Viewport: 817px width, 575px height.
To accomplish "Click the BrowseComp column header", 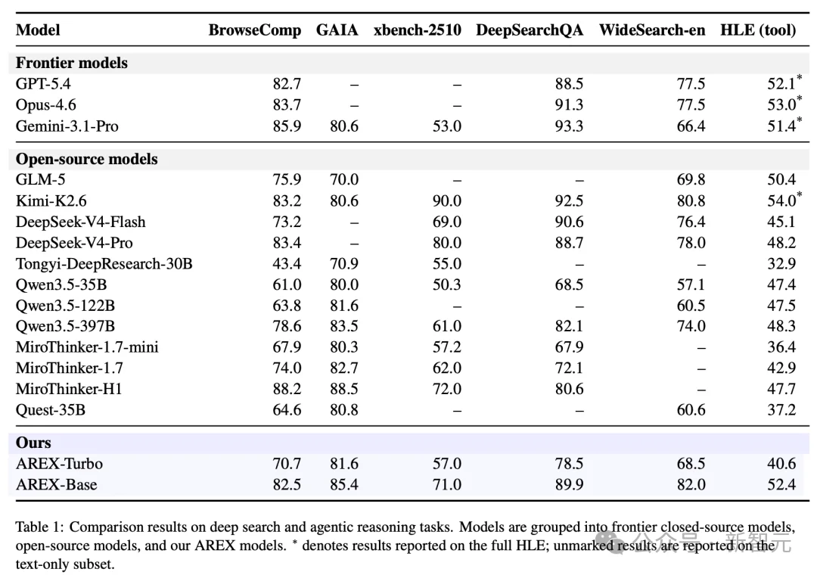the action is pos(255,30).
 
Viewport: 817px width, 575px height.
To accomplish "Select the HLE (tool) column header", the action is pos(758,30).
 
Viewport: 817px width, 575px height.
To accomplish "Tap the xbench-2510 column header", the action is pos(418,30).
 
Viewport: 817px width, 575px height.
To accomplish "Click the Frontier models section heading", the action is pos(71,63).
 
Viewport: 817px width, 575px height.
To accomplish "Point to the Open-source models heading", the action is pos(86,158).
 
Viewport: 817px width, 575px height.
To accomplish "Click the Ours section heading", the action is pos(33,443).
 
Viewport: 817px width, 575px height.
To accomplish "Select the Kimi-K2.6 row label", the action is pos(51,200).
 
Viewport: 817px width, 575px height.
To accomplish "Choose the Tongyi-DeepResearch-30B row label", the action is pos(104,264).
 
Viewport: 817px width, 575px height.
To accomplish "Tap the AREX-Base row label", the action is pos(56,484).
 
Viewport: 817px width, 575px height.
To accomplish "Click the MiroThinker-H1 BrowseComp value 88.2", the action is pos(287,389).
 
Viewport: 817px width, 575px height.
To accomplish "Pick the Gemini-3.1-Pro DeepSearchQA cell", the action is pos(569,126).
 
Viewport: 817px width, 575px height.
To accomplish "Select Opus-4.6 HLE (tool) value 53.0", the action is pos(781,104).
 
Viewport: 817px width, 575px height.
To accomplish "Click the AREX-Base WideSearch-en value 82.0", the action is pos(691,484).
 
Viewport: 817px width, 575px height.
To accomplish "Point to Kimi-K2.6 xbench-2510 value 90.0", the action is pos(447,200).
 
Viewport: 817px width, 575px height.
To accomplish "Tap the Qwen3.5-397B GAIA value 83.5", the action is pos(344,326).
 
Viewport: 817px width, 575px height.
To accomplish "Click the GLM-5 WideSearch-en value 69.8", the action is pos(691,179).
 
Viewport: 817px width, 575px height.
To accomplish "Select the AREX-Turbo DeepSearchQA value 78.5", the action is pos(569,464).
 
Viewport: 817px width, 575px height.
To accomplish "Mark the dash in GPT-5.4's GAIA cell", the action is pos(354,85).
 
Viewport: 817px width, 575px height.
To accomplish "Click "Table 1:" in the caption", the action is pos(39,527).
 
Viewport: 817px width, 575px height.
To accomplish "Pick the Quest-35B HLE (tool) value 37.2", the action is pos(781,410).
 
